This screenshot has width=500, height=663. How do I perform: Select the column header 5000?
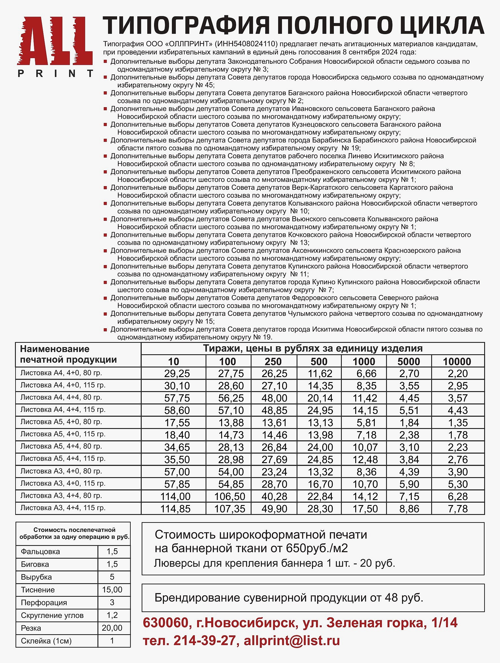click(x=409, y=362)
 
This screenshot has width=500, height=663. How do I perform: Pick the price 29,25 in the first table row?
click(x=177, y=373)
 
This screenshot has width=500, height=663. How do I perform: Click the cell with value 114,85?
click(x=176, y=509)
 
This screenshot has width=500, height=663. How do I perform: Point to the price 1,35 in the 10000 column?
click(x=458, y=423)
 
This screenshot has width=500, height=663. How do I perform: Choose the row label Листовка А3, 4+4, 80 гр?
click(x=61, y=496)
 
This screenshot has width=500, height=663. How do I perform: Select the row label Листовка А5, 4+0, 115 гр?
click(x=63, y=434)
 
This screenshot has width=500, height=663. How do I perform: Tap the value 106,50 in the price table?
click(x=230, y=496)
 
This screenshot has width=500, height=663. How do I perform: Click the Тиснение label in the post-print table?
click(x=38, y=590)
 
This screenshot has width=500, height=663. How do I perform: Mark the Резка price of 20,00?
click(x=112, y=628)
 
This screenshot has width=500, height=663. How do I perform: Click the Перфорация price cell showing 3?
click(x=112, y=602)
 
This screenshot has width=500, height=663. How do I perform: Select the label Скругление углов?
click(x=52, y=615)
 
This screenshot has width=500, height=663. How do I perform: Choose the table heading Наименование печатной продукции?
click(x=68, y=354)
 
